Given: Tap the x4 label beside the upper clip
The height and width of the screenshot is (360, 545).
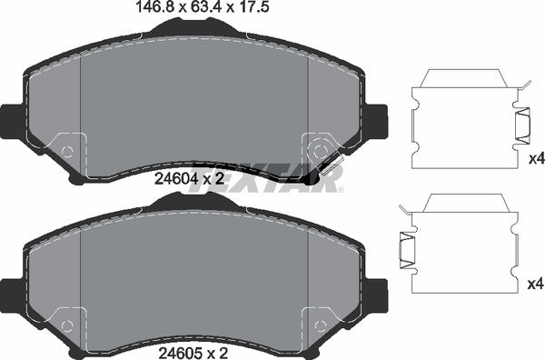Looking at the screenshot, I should coord(534,159).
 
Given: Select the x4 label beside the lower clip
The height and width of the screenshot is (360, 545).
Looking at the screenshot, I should coord(534,285).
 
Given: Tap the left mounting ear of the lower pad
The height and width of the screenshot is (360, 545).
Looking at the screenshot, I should coord(11,291).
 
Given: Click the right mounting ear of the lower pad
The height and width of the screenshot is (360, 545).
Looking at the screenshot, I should coord(376,291).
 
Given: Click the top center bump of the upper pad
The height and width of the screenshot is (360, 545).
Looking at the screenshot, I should coord(193,31).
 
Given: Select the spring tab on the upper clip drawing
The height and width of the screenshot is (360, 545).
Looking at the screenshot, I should coord(524,125).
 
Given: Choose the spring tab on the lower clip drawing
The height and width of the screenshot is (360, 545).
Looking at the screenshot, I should coord(405,249).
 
